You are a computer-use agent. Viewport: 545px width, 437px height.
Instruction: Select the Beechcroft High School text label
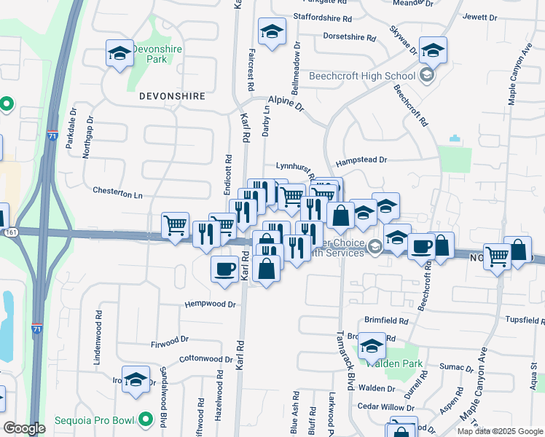click(x=361, y=76)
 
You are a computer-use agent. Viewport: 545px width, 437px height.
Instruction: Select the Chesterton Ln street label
click(x=118, y=193)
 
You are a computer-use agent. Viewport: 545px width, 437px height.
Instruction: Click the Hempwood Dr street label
click(x=210, y=304)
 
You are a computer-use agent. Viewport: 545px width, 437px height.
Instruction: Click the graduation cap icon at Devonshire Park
click(x=119, y=53)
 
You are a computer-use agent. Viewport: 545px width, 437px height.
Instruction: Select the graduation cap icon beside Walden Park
click(x=372, y=347)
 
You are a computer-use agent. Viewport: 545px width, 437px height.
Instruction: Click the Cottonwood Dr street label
click(x=205, y=358)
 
